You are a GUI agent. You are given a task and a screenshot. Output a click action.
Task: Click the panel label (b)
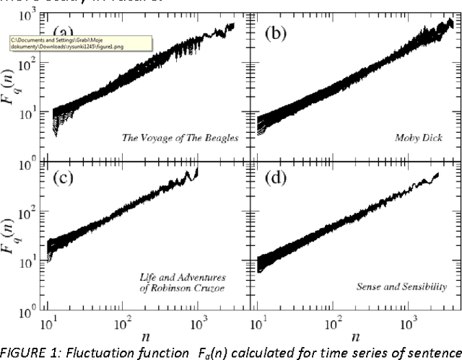pyautogui.click(x=277, y=33)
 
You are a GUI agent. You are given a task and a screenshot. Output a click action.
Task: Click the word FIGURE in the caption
pyautogui.click(x=22, y=351)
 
